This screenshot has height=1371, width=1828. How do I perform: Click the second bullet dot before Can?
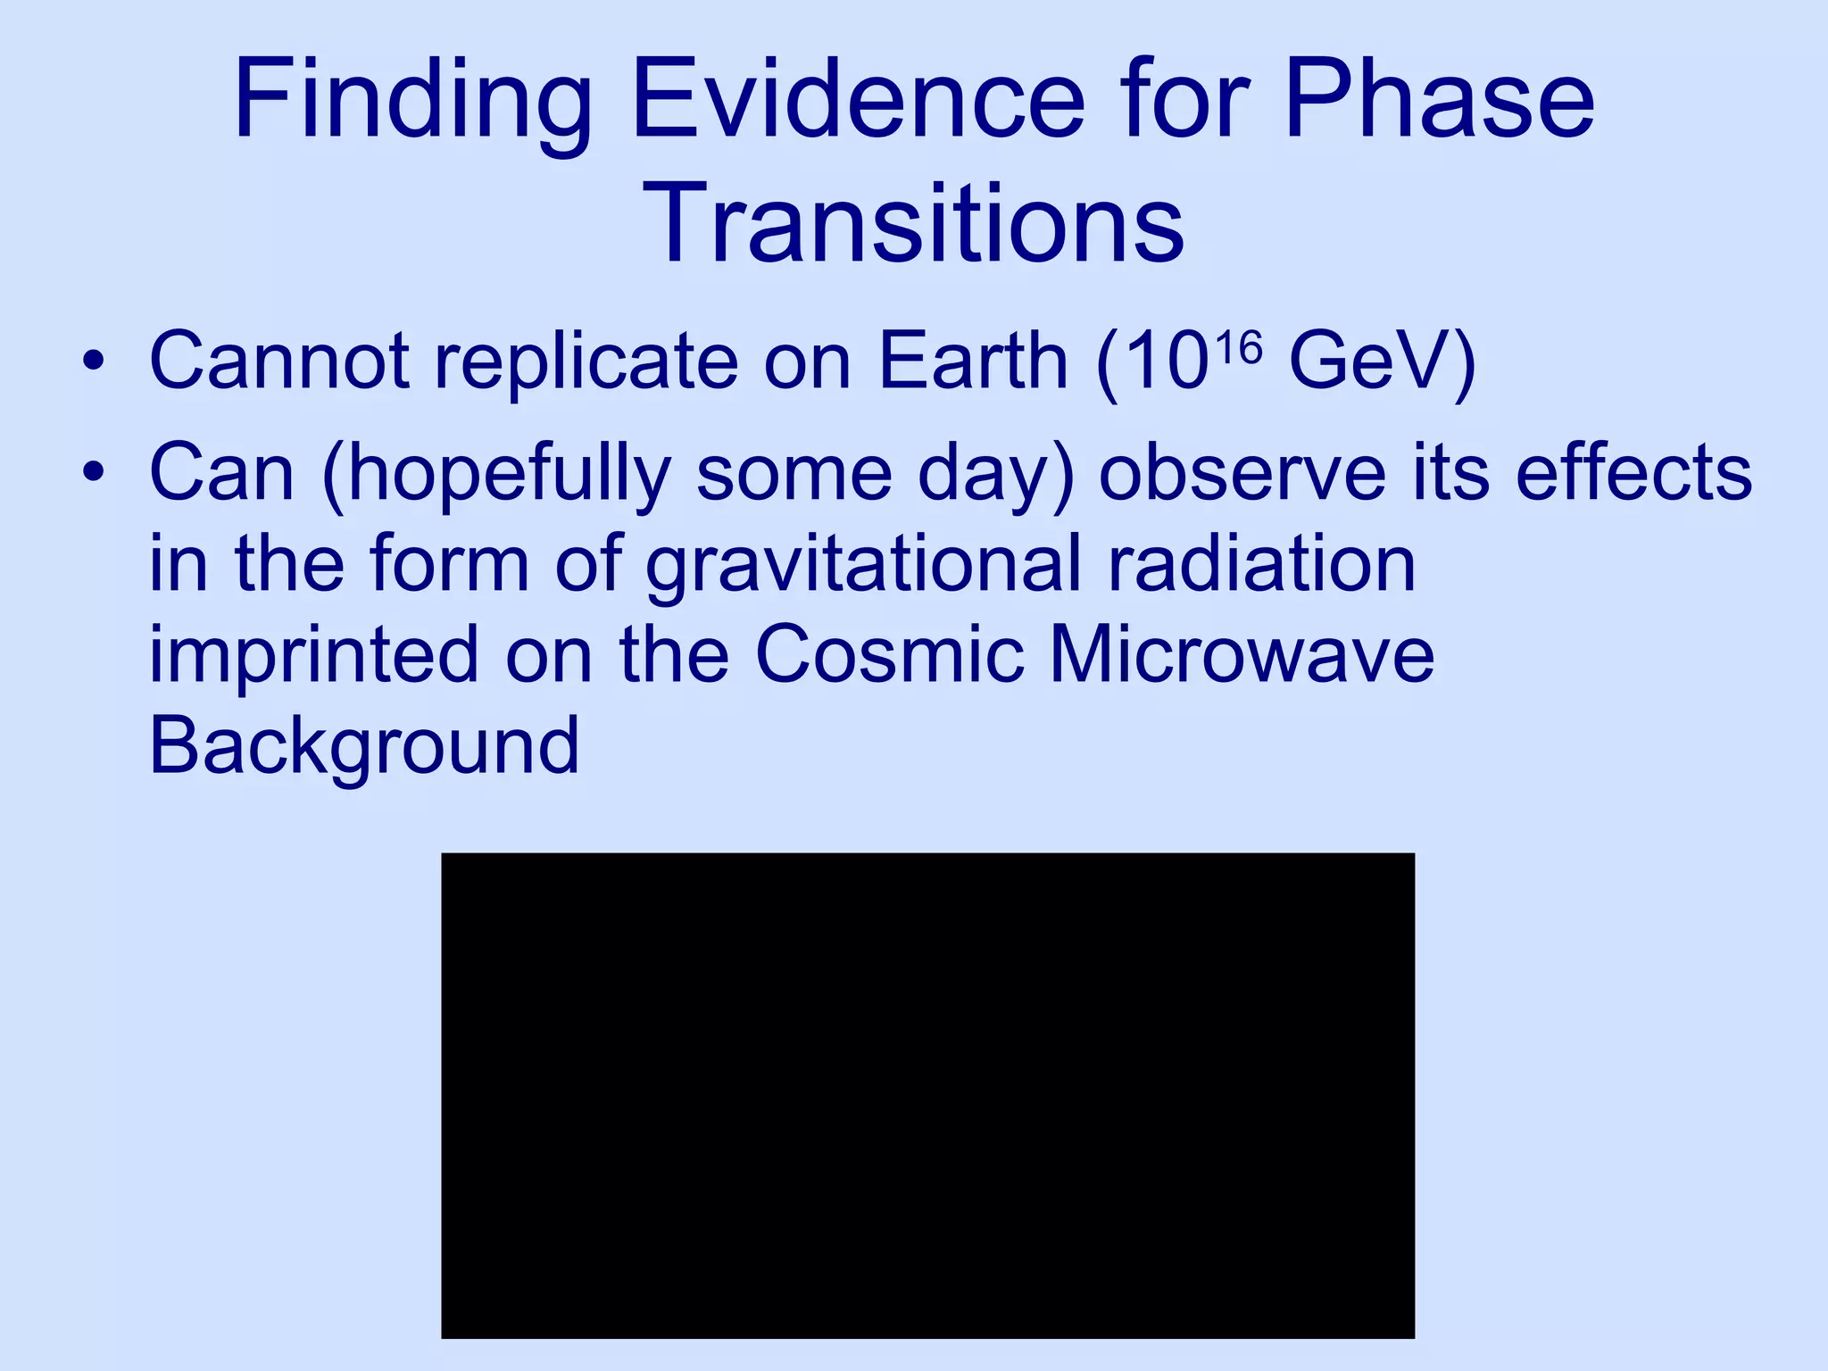(93, 473)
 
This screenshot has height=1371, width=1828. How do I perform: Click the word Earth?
(973, 361)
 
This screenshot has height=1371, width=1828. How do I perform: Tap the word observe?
(1242, 473)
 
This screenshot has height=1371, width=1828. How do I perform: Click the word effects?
(1633, 473)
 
